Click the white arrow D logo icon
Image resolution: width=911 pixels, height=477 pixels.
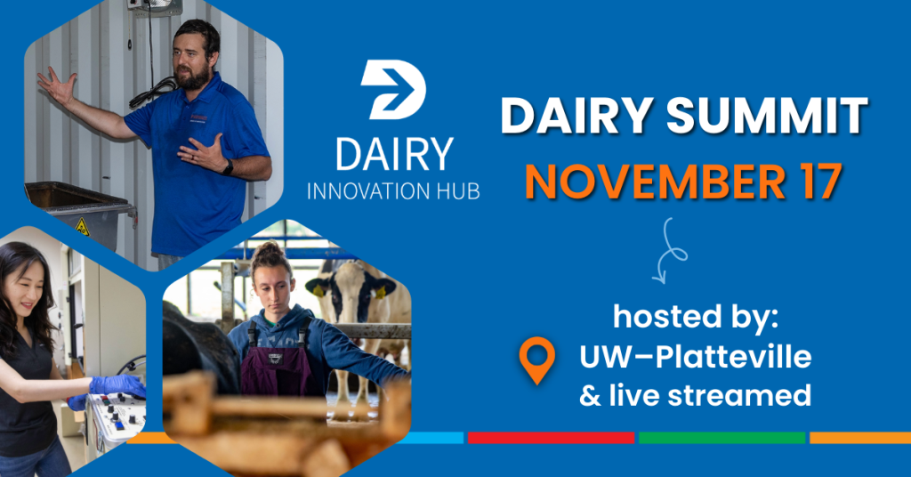pyautogui.click(x=394, y=90)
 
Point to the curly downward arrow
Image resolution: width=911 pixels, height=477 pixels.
pyautogui.click(x=669, y=251)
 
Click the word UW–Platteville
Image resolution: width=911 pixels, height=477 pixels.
pyautogui.click(x=695, y=356)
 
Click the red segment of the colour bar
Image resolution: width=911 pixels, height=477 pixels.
pyautogui.click(x=551, y=438)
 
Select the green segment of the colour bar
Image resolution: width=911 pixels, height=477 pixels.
pyautogui.click(x=722, y=438)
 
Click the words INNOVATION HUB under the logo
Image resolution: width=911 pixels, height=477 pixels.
pyautogui.click(x=393, y=191)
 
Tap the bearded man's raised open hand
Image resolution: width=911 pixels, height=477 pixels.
pyautogui.click(x=57, y=85)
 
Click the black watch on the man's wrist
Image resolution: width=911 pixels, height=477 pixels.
pyautogui.click(x=228, y=167)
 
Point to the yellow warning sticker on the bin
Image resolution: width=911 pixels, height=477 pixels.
pyautogui.click(x=82, y=227)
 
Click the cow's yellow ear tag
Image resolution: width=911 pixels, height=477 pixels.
pyautogui.click(x=318, y=290)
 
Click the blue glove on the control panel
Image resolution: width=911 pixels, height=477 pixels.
pyautogui.click(x=118, y=386)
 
